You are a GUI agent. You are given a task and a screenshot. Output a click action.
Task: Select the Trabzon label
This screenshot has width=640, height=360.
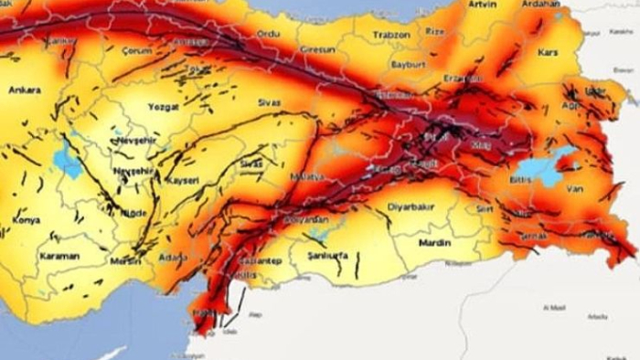(x=391, y=35)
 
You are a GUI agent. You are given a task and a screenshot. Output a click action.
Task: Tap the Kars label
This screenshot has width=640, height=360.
(x=549, y=53)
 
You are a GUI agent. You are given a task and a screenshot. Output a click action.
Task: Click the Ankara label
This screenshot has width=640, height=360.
(x=25, y=90)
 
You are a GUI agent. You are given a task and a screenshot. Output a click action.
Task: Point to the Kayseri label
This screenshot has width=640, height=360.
(x=183, y=182)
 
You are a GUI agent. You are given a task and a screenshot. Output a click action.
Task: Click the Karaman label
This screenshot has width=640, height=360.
(x=59, y=257)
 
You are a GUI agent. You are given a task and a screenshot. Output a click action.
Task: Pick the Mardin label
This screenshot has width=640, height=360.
(x=433, y=244)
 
